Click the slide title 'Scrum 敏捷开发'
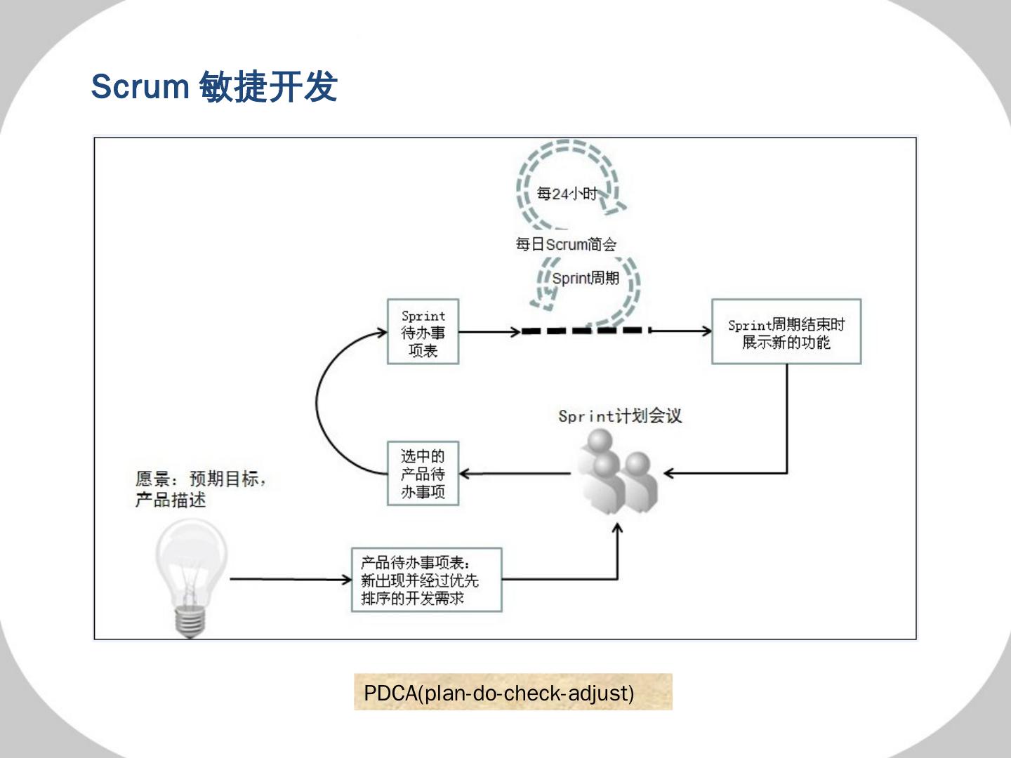[x=214, y=87]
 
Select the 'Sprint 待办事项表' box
[x=423, y=332]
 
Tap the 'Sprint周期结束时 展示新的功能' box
[x=786, y=332]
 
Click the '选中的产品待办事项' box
[x=423, y=474]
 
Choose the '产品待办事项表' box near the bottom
[x=426, y=580]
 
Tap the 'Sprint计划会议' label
[x=619, y=415]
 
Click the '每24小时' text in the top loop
[x=566, y=193]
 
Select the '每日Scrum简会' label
[x=566, y=244]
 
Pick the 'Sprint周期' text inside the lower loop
[x=586, y=278]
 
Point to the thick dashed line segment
[x=582, y=331]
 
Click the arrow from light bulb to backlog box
[x=289, y=580]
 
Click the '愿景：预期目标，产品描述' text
[x=200, y=489]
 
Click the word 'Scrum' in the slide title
[x=140, y=87]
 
